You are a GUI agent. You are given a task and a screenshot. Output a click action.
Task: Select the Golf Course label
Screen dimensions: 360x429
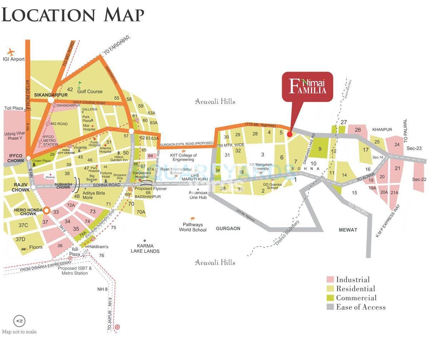(90, 92)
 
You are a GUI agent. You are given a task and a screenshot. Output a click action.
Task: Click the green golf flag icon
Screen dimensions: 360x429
(80, 84)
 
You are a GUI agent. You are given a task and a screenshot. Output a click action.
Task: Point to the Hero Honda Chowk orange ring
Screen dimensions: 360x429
(46, 211)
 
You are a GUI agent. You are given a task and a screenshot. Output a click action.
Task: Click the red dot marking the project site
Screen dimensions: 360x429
(290, 134)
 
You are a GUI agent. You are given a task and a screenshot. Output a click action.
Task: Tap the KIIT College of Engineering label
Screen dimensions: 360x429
(183, 158)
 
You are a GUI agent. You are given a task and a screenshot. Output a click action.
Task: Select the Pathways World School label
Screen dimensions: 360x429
(193, 227)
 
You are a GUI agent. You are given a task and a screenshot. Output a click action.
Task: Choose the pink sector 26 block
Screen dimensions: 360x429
(358, 129)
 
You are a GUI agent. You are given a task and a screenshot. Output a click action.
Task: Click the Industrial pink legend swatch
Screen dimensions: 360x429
(330, 280)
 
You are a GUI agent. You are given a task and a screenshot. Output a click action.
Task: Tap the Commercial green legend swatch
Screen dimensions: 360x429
(330, 298)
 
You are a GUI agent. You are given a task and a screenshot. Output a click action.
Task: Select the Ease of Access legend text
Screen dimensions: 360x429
(361, 307)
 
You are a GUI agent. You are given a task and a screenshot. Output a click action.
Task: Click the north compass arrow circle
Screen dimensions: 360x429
(19, 321)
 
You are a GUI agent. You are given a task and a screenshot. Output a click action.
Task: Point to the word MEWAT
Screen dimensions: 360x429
(347, 230)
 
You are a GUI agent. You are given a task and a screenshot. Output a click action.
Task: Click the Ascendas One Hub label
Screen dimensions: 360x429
(198, 195)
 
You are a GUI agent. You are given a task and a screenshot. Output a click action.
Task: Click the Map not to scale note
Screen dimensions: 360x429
(20, 332)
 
